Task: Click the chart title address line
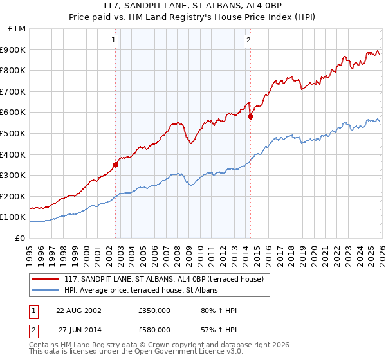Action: pyautogui.click(x=193, y=6)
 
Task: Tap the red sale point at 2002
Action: pyautogui.click(x=116, y=165)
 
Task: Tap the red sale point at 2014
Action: pyautogui.click(x=250, y=116)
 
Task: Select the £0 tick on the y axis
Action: pyautogui.click(x=21, y=238)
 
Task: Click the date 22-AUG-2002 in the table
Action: pyautogui.click(x=78, y=310)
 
